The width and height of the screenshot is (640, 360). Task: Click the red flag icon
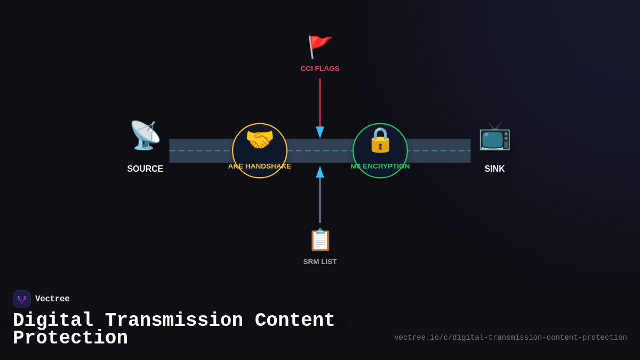[319, 46]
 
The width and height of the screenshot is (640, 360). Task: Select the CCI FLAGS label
[320, 69]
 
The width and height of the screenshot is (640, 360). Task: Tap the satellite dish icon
[145, 135]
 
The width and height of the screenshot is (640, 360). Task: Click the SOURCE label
[145, 169]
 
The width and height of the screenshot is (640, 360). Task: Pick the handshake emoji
[260, 140]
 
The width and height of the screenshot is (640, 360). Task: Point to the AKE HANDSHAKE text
[260, 166]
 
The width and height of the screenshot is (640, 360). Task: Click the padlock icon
[380, 140]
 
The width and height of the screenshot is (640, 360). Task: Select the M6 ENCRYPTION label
[380, 166]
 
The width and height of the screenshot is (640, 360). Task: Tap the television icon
[494, 136]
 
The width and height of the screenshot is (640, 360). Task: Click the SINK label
[494, 169]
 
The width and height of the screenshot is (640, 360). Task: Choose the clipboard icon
[320, 240]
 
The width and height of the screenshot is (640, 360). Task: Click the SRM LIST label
[320, 262]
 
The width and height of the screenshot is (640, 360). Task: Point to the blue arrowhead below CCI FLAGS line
[320, 132]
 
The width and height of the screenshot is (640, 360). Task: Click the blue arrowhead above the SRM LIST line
[320, 172]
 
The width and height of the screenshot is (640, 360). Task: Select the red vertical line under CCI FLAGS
[320, 101]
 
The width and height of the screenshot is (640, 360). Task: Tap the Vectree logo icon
[22, 299]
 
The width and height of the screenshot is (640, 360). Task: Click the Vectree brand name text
[52, 299]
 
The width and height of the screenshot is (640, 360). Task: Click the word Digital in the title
[53, 321]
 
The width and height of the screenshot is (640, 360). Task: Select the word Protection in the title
[70, 338]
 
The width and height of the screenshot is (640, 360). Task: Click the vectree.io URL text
[510, 338]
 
